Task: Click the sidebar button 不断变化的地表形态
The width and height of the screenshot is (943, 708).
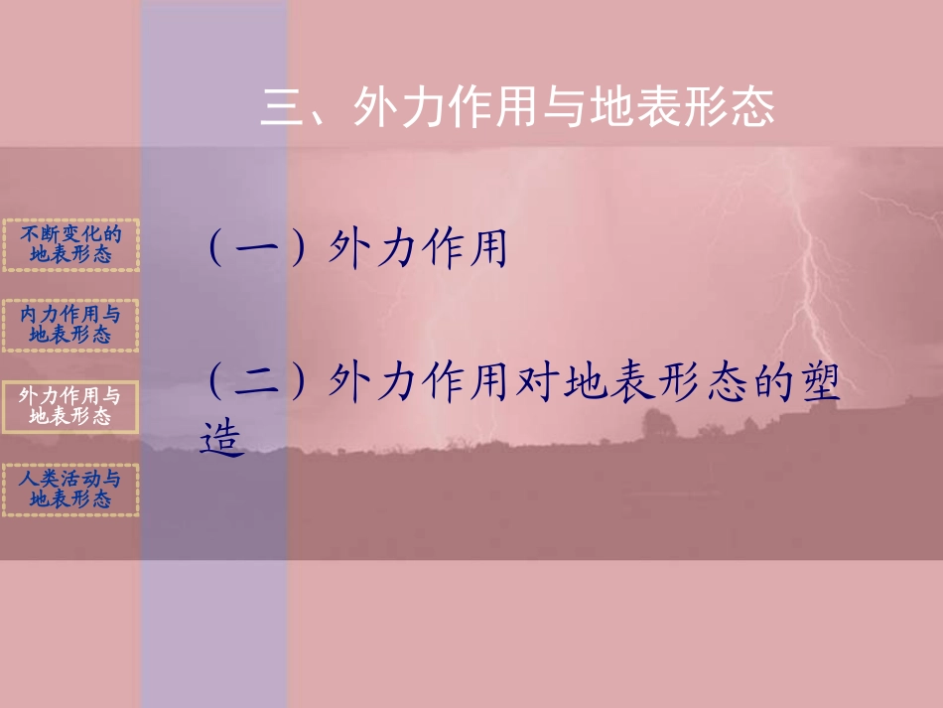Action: pyautogui.click(x=70, y=244)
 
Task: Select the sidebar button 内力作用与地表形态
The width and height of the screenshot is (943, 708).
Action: pyautogui.click(x=70, y=325)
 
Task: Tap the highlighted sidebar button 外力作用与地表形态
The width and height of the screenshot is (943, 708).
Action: pyautogui.click(x=70, y=406)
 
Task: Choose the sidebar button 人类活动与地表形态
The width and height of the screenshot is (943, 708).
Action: pyautogui.click(x=70, y=490)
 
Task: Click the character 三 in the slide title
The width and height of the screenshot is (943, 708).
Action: pyautogui.click(x=283, y=108)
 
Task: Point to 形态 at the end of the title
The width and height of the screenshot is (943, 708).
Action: pyautogui.click(x=728, y=108)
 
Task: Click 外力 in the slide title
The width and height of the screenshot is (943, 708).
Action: pyautogui.click(x=398, y=108)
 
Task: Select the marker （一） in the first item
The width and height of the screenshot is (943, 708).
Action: pyautogui.click(x=260, y=248)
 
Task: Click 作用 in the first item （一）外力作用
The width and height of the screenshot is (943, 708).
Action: pyautogui.click(x=465, y=248)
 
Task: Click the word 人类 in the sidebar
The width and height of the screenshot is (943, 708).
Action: pyautogui.click(x=39, y=479)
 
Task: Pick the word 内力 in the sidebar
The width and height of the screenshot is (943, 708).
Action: pyautogui.click(x=39, y=314)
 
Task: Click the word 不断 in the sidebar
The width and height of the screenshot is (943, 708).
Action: pyautogui.click(x=40, y=234)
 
